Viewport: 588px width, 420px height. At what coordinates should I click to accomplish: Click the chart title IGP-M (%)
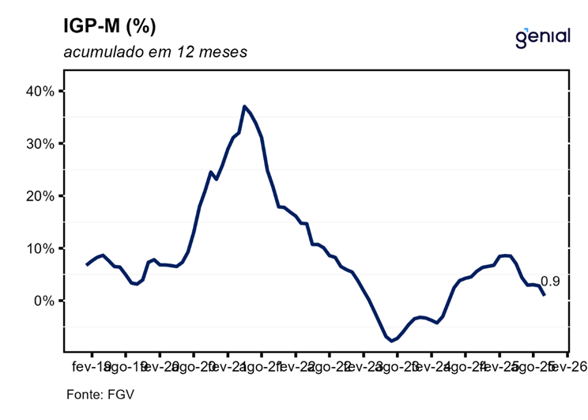click(110, 26)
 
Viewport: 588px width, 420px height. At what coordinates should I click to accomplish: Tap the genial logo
click(542, 36)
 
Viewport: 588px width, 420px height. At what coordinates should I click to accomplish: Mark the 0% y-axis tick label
click(42, 301)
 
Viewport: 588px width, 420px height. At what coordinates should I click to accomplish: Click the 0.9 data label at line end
click(550, 282)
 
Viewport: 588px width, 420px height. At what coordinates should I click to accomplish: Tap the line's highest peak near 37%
click(244, 106)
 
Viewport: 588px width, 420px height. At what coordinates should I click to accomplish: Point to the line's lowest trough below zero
click(391, 341)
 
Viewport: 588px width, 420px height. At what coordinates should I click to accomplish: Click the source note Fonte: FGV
click(95, 393)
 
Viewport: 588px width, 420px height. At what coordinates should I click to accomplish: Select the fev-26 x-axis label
click(565, 366)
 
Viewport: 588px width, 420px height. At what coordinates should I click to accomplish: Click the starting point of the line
click(87, 264)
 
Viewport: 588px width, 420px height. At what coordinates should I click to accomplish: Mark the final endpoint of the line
click(544, 295)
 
